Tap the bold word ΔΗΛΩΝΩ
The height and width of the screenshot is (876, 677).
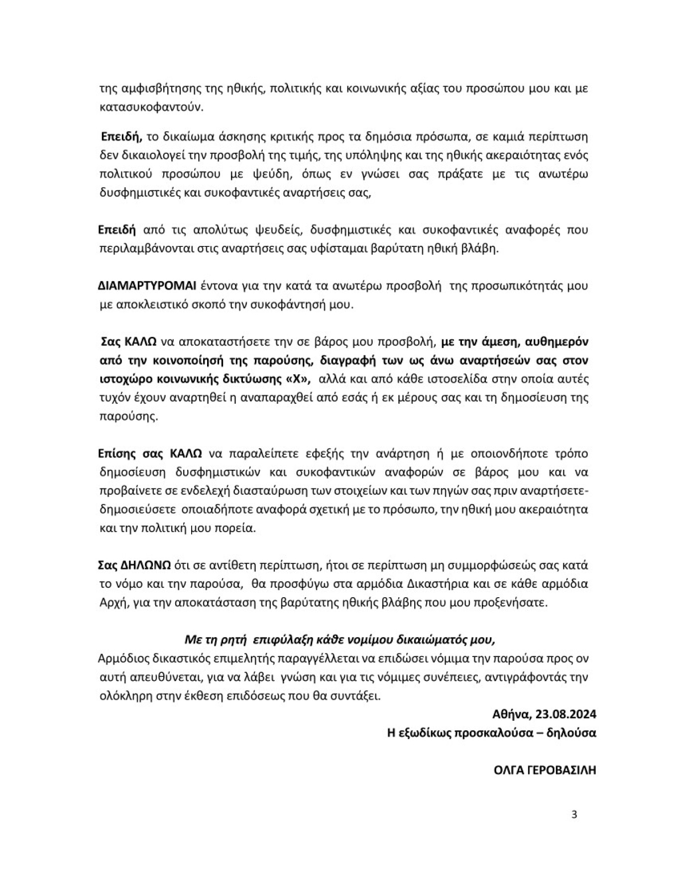tap(146, 565)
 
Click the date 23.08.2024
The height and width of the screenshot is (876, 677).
tap(566, 714)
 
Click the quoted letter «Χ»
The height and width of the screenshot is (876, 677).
tap(298, 379)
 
